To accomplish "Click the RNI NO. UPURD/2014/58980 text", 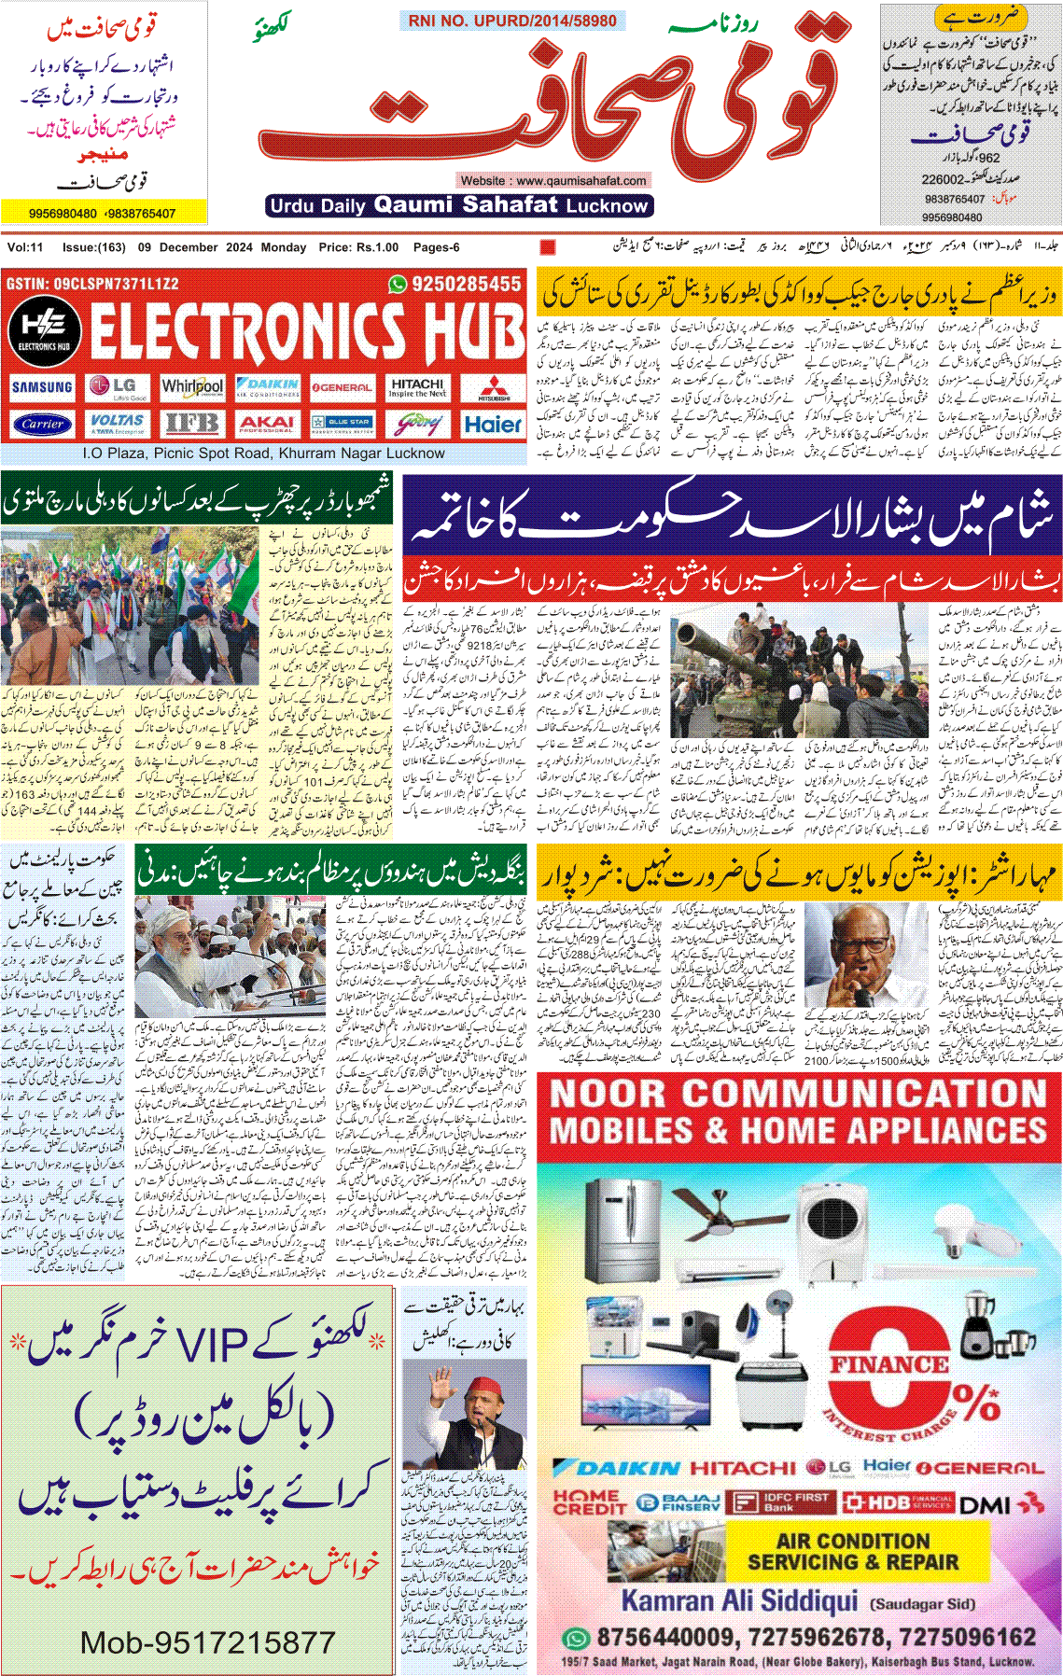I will click(x=511, y=21).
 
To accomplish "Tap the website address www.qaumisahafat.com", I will click(x=553, y=180).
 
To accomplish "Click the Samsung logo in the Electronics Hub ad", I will click(x=42, y=387).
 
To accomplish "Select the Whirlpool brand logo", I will click(x=192, y=386).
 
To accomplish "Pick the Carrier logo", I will click(x=42, y=424).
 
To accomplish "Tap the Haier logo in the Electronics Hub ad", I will click(x=493, y=425).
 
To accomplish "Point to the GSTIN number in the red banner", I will click(x=92, y=284).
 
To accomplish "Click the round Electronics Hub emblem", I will click(x=44, y=331).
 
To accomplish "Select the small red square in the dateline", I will click(x=548, y=247).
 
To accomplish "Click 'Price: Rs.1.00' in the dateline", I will click(x=358, y=247).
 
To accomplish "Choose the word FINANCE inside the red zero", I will click(x=889, y=1363).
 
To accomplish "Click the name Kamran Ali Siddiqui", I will click(x=738, y=1601).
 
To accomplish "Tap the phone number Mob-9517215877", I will click(x=207, y=1641).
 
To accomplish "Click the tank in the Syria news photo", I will click(x=747, y=663).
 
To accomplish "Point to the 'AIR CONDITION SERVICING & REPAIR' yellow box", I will click(x=853, y=1551).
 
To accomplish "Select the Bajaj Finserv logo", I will click(x=678, y=1502).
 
